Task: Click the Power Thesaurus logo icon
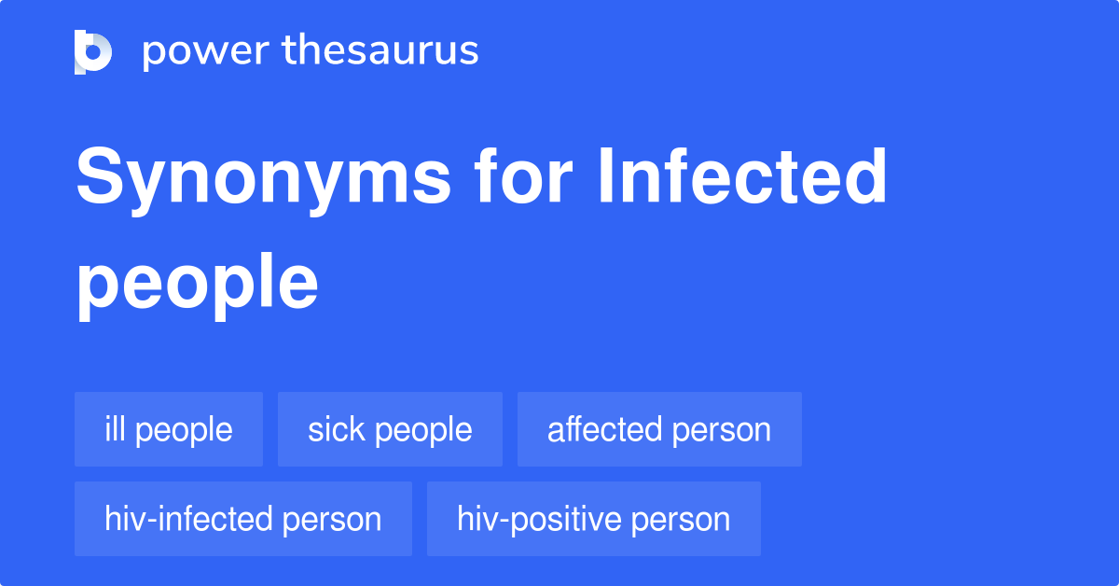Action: pyautogui.click(x=93, y=51)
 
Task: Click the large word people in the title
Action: pyautogui.click(x=197, y=285)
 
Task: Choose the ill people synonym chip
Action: pyautogui.click(x=169, y=429)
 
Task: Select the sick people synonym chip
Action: pyautogui.click(x=390, y=429)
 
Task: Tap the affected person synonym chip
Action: pyautogui.click(x=659, y=429)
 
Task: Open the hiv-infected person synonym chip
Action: pyautogui.click(x=243, y=519)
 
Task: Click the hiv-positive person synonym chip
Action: pyautogui.click(x=594, y=519)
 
